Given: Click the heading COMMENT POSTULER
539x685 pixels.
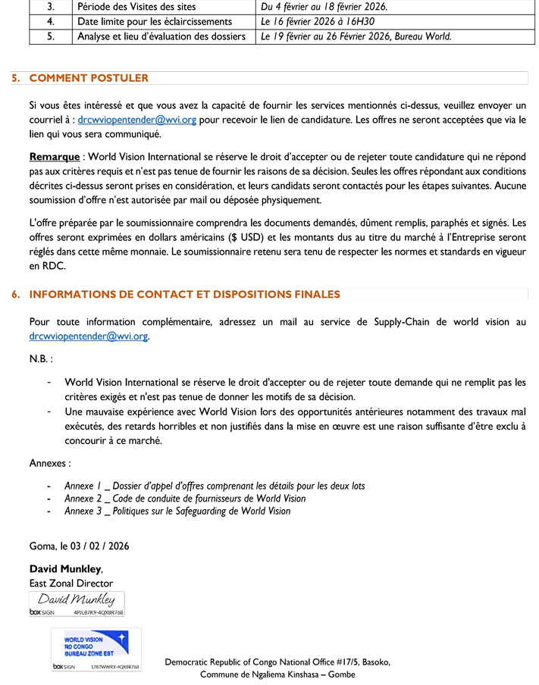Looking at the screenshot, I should [89, 78].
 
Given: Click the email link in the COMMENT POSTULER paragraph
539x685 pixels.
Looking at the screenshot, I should [137, 120].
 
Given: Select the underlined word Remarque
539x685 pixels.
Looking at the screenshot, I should [54, 157].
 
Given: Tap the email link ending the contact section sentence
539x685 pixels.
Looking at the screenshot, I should [89, 336].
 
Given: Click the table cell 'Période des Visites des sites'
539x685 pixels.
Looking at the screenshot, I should [136, 7].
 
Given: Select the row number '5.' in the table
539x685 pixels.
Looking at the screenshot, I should [51, 36].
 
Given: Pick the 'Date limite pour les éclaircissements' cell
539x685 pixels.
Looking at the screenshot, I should [154, 21].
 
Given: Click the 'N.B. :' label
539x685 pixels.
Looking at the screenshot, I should [41, 358].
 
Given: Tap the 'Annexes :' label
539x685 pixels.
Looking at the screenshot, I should [50, 462].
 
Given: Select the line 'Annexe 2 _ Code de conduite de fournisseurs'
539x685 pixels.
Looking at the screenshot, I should [185, 499].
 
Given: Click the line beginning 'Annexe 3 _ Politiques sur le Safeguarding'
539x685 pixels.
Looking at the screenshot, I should [177, 511].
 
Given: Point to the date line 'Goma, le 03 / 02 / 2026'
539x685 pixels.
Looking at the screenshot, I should [79, 546].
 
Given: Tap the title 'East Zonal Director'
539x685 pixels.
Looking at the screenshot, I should [71, 583].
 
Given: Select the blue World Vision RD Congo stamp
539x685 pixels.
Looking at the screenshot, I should [96, 646].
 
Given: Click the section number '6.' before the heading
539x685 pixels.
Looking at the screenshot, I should [16, 295].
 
